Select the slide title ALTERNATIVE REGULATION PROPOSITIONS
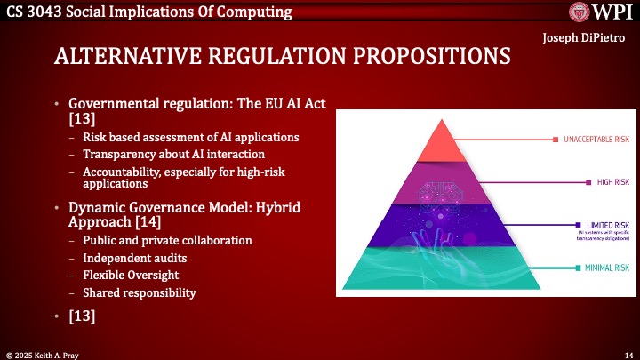pyautogui.click(x=282, y=55)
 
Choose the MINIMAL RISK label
pyautogui.click(x=604, y=267)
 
